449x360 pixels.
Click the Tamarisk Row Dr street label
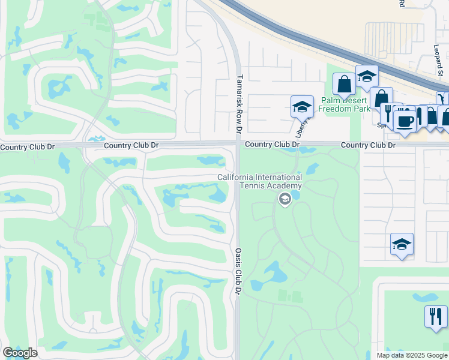(x=240, y=104)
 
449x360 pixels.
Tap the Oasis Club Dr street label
(x=238, y=271)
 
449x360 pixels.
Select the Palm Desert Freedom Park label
(x=345, y=104)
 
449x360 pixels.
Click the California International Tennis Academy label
(x=259, y=181)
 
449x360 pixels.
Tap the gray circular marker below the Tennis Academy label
(x=285, y=199)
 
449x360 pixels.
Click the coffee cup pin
(x=405, y=120)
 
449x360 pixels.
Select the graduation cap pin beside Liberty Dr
(x=302, y=108)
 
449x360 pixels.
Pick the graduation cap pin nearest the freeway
(x=367, y=77)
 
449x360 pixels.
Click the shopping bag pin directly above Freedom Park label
(x=345, y=85)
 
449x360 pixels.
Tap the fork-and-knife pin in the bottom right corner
(x=436, y=316)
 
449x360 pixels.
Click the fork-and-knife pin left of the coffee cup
(x=389, y=113)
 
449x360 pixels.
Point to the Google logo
(x=20, y=353)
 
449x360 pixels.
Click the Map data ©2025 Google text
(x=411, y=355)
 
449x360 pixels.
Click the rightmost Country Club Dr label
(x=369, y=145)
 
